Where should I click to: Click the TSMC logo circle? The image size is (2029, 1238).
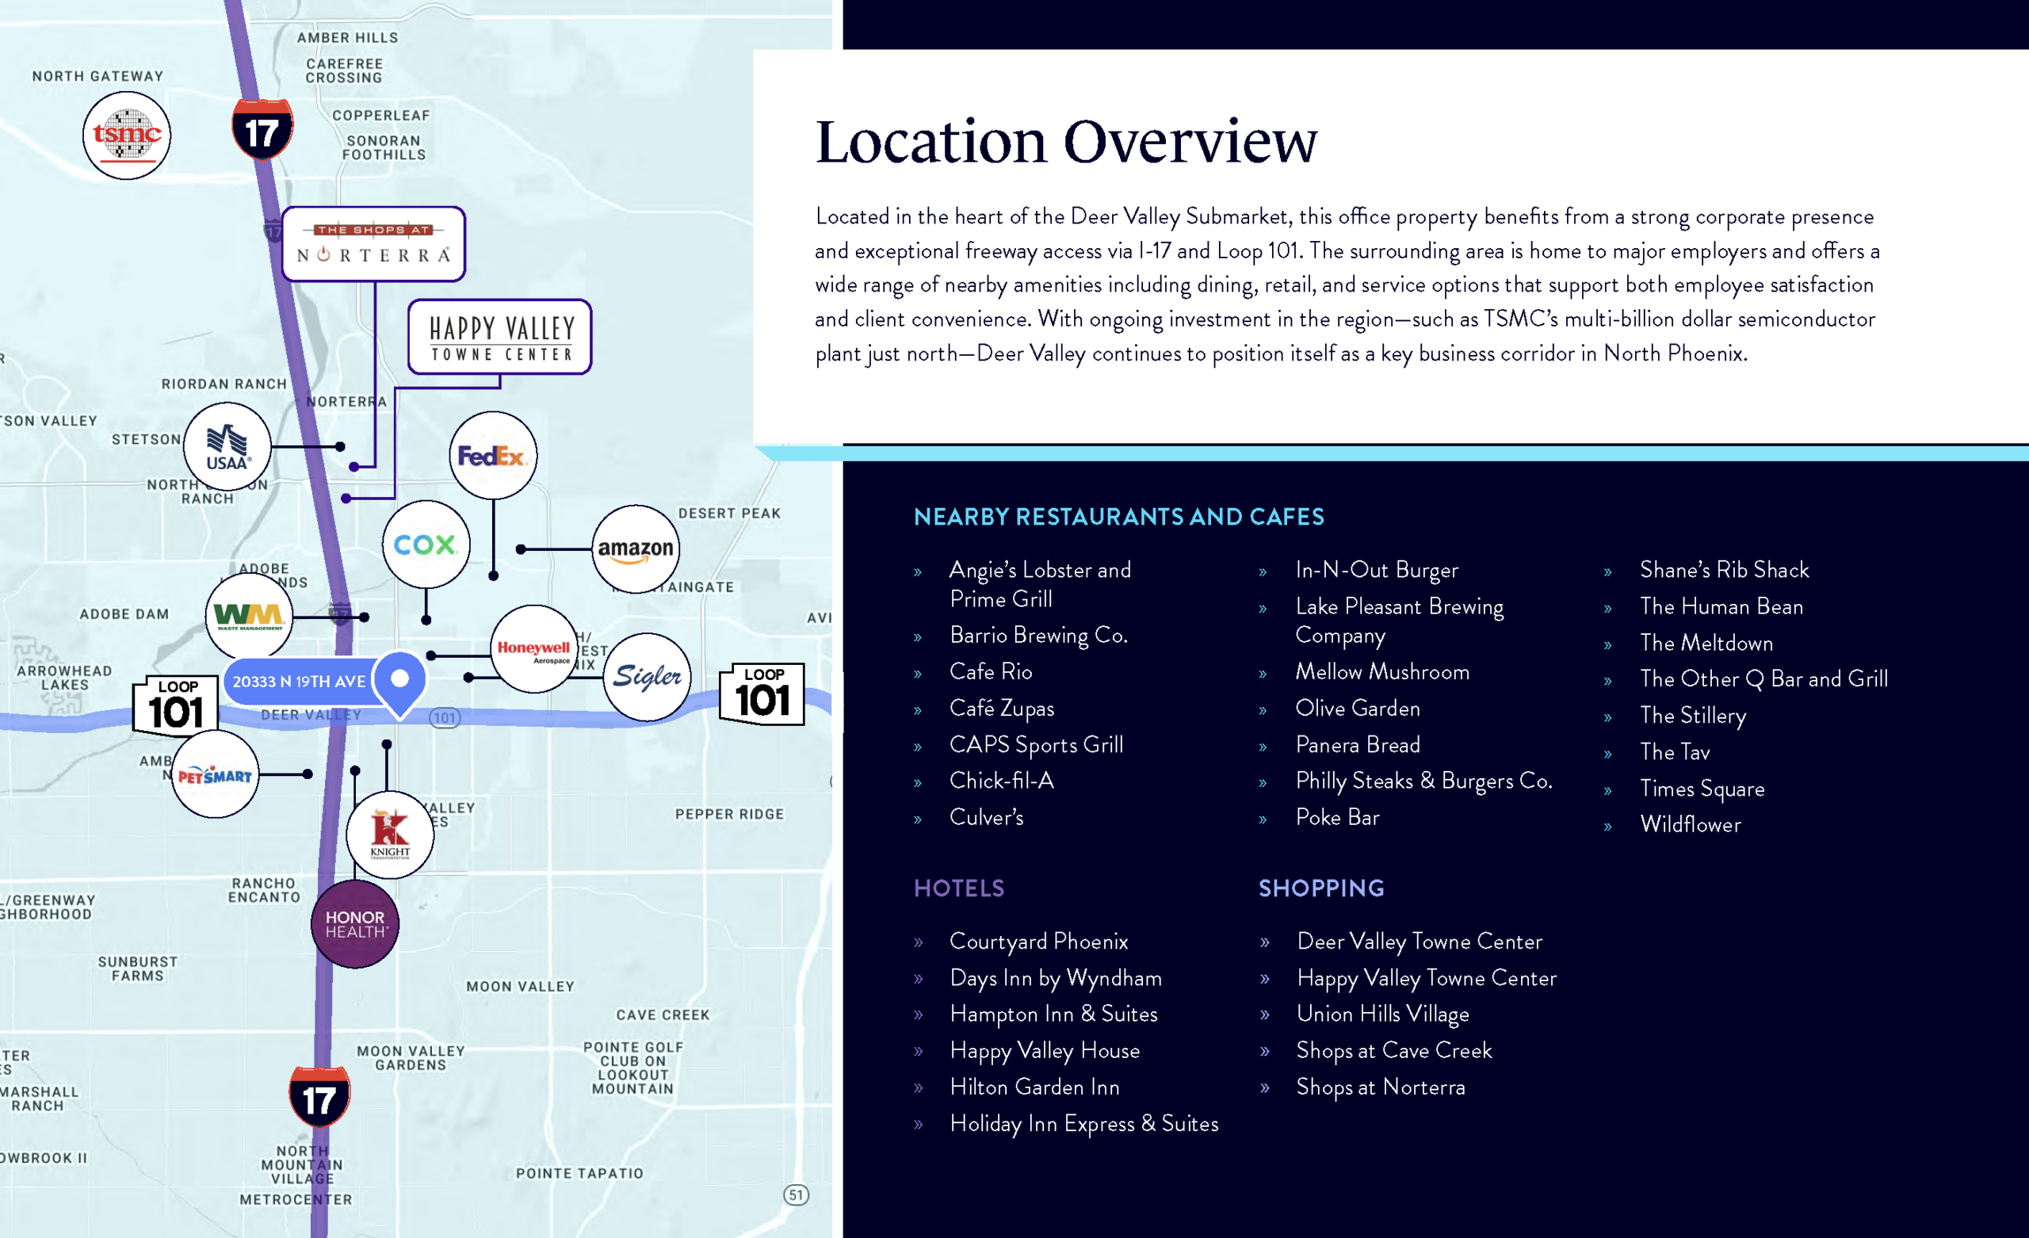(x=127, y=136)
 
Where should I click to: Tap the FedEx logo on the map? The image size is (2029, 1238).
(x=493, y=456)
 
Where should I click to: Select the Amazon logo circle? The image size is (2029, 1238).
(x=636, y=549)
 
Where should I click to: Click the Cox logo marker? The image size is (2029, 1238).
(x=426, y=544)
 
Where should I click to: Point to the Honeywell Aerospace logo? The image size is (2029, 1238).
(x=534, y=650)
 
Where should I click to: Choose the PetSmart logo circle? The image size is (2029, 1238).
(x=215, y=774)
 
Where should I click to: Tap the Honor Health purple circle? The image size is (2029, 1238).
(x=355, y=924)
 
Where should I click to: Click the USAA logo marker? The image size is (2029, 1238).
(x=227, y=447)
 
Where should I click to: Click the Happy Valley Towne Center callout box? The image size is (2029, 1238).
(x=500, y=337)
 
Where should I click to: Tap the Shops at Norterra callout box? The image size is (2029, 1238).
(x=374, y=245)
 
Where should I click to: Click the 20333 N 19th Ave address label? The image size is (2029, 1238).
(x=300, y=681)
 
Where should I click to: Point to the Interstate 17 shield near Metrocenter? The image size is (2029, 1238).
(x=319, y=1096)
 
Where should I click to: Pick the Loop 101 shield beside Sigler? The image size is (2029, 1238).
(x=762, y=694)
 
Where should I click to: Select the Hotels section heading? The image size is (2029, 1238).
(x=959, y=888)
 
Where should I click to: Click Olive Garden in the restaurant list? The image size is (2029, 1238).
(x=1358, y=709)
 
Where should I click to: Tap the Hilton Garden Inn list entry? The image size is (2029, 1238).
(x=1034, y=1087)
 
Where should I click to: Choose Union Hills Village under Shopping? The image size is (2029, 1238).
(x=1382, y=1014)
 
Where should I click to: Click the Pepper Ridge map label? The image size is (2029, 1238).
(x=730, y=814)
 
